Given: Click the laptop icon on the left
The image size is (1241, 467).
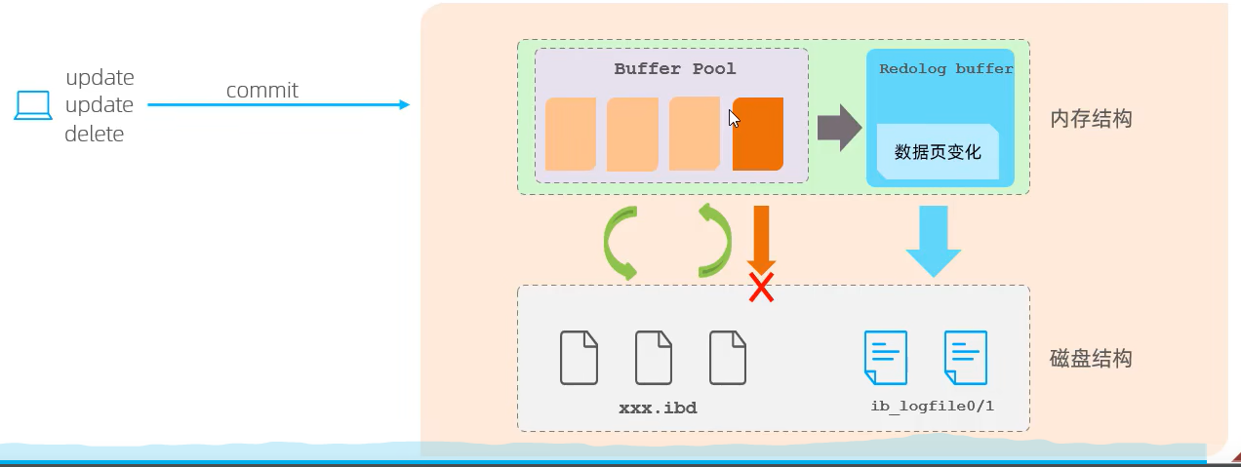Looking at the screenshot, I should pyautogui.click(x=32, y=105).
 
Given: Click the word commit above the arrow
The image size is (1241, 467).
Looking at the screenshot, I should pyautogui.click(x=262, y=91).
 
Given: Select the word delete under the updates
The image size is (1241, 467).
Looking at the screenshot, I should pyautogui.click(x=95, y=135).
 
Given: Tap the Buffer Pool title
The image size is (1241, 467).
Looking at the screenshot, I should pyautogui.click(x=675, y=69).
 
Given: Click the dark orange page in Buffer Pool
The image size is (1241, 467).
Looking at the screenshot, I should pyautogui.click(x=758, y=134).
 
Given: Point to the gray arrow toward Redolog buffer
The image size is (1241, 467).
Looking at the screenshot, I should pyautogui.click(x=838, y=129).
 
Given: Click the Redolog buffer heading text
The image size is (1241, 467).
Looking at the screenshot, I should pyautogui.click(x=945, y=69).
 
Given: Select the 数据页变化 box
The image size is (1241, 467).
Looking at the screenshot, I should pyautogui.click(x=938, y=152).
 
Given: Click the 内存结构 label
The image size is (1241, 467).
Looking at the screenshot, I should pyautogui.click(x=1091, y=119).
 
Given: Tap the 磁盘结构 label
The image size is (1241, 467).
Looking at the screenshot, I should pyautogui.click(x=1091, y=358).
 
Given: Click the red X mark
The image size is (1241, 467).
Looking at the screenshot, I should pyautogui.click(x=761, y=287).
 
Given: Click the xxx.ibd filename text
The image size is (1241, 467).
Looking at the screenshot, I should pyautogui.click(x=658, y=407).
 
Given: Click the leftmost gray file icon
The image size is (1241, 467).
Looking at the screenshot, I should pyautogui.click(x=579, y=357).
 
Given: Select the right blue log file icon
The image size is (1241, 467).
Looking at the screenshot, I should pyautogui.click(x=965, y=357).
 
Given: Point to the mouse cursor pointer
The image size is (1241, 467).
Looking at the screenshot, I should pyautogui.click(x=734, y=118).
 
